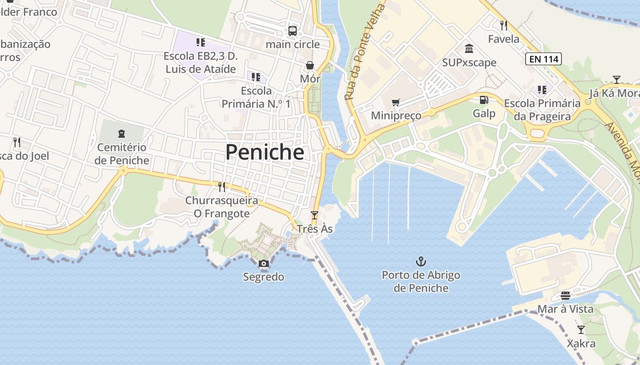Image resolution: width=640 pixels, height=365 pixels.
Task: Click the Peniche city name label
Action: [265, 152]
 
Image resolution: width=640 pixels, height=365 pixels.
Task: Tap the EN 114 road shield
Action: [543, 59]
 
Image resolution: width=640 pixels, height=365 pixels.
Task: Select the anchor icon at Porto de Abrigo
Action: [421, 261]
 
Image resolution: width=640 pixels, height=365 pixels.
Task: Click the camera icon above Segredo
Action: [263, 263]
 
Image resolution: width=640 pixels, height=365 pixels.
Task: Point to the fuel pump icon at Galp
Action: [484, 99]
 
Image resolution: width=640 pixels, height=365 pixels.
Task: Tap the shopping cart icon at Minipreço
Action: [396, 102]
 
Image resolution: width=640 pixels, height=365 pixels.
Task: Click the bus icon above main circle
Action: [293, 31]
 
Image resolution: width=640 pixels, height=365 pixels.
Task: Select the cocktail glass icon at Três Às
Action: [314, 215]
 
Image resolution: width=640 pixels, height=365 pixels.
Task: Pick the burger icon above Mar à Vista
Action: [565, 296]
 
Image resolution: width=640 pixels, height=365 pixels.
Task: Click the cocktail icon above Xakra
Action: [581, 329]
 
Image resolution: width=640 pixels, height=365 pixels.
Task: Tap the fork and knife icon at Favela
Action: [504, 25]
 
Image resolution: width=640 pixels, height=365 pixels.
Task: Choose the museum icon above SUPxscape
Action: [469, 48]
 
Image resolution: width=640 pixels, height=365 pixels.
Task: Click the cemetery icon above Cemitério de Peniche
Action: [122, 134]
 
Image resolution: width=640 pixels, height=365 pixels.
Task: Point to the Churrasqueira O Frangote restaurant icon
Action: [222, 187]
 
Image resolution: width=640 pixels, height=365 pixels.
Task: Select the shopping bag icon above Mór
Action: [310, 66]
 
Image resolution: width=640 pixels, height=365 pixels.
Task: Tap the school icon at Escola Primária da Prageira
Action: [542, 90]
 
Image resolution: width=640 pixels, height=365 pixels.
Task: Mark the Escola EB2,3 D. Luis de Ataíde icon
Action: [200, 42]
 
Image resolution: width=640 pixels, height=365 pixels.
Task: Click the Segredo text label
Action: [263, 277]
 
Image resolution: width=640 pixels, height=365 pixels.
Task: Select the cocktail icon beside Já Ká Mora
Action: [616, 80]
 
